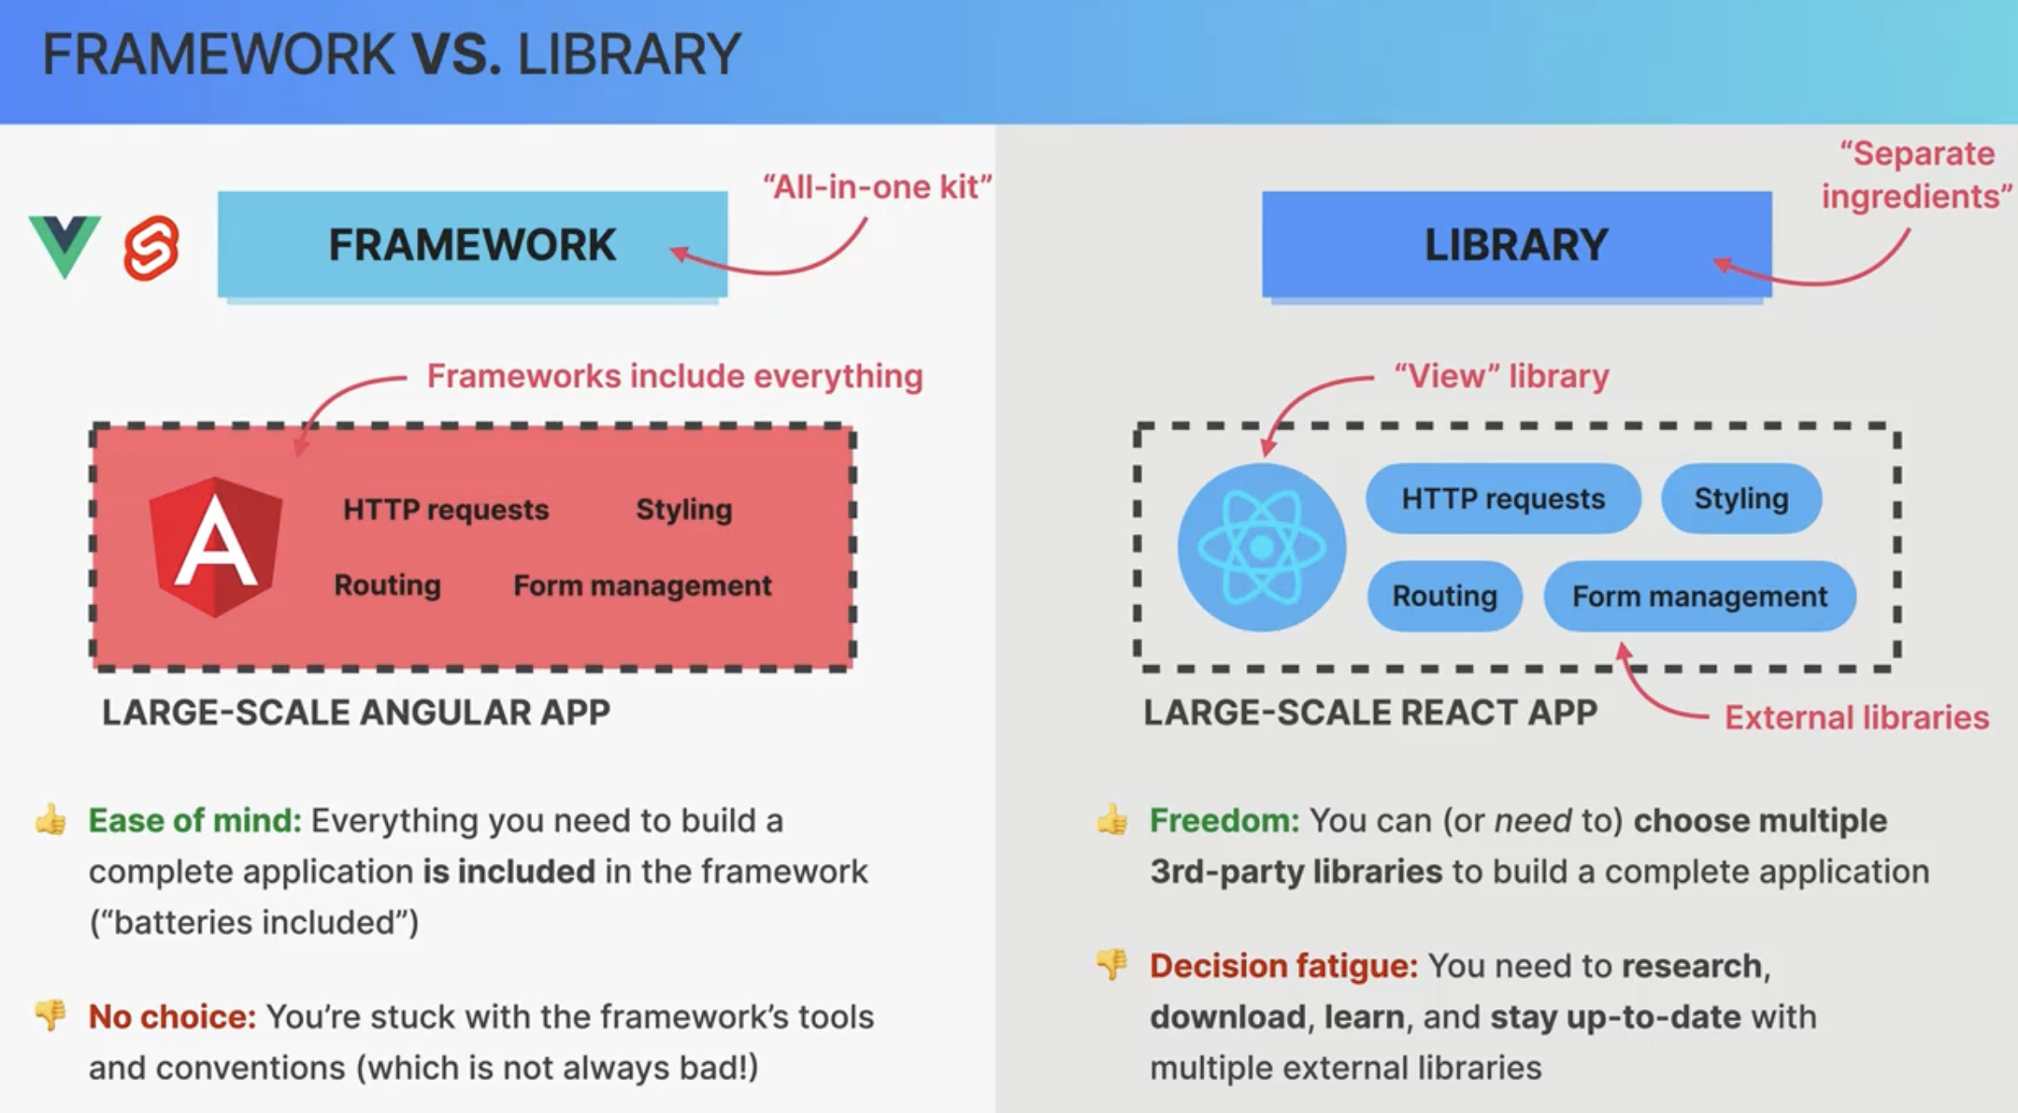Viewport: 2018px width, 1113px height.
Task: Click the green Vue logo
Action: point(65,246)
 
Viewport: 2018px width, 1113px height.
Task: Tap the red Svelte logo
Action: point(151,248)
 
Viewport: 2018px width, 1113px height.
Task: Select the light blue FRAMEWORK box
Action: point(472,245)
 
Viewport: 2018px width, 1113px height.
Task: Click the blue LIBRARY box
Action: point(1517,245)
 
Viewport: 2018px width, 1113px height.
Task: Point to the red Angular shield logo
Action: point(215,547)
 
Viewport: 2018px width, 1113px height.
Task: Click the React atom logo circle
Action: point(1262,547)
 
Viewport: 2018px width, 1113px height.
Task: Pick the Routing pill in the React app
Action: point(1444,595)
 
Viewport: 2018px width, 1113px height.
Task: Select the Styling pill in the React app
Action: point(1741,499)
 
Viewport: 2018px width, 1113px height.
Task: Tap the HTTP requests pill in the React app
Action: point(1503,499)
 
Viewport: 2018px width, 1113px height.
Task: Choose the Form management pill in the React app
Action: point(1700,595)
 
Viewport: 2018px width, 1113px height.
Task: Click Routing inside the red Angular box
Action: point(388,585)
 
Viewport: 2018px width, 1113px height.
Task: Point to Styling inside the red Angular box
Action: point(684,510)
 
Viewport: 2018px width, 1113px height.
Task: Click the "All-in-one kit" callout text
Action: point(877,186)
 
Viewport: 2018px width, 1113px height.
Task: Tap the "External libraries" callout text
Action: point(1857,717)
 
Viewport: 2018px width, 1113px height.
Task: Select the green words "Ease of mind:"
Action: point(195,820)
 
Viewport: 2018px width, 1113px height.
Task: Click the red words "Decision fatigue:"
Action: point(1283,966)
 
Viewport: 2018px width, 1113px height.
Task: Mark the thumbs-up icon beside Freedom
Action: point(1112,819)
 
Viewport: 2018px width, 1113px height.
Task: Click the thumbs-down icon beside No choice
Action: point(50,1014)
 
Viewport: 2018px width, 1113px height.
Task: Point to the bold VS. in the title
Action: point(456,55)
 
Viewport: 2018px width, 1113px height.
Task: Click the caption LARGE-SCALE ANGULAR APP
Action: point(357,712)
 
